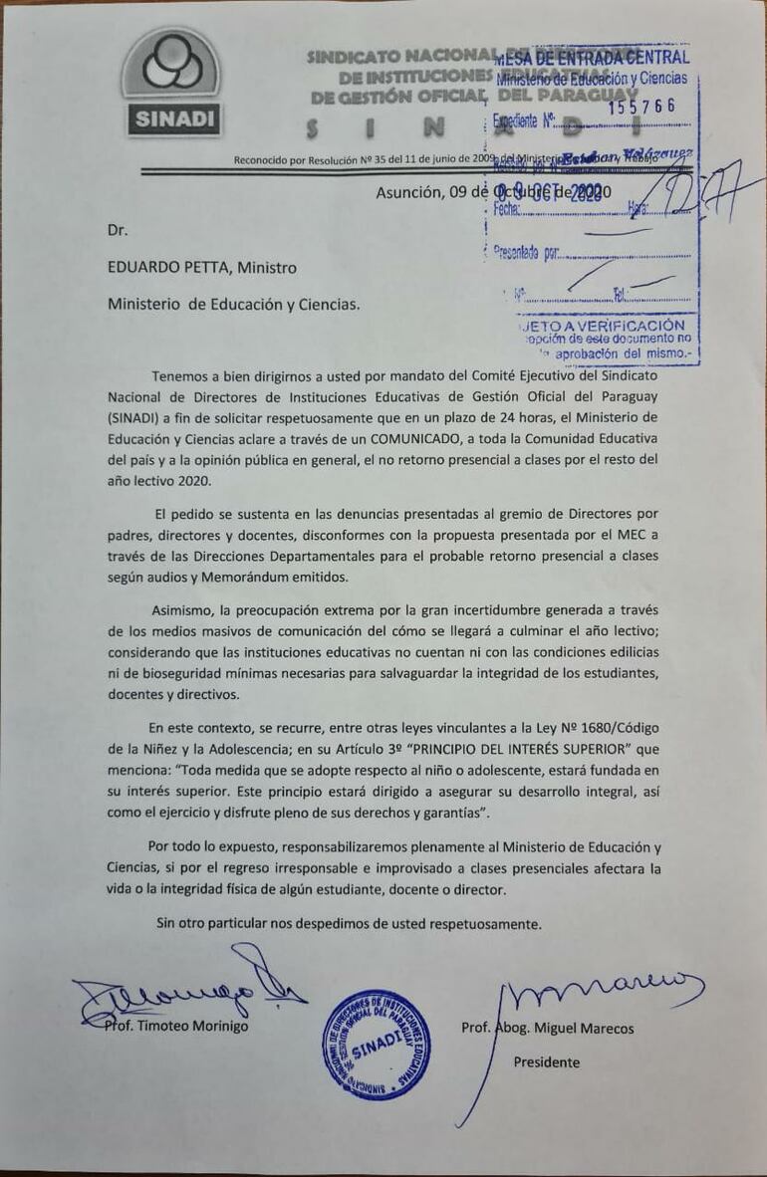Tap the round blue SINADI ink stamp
pyautogui.click(x=376, y=1045)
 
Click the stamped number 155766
pyautogui.click(x=641, y=106)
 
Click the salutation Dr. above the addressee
pyautogui.click(x=118, y=230)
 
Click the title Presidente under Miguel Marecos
pyautogui.click(x=546, y=1061)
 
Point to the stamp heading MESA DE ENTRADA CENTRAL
pyautogui.click(x=592, y=57)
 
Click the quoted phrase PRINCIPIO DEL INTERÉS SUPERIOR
pyautogui.click(x=511, y=748)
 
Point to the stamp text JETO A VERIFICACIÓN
pyautogui.click(x=602, y=325)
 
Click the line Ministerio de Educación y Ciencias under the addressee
pyautogui.click(x=234, y=305)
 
